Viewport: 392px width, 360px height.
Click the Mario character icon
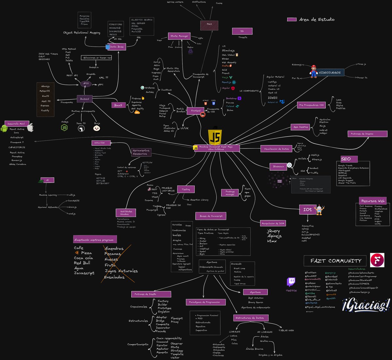[314, 72]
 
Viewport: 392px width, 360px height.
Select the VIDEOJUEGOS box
[330, 73]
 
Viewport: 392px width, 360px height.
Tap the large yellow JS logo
[215, 137]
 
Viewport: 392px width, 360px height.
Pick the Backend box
[85, 99]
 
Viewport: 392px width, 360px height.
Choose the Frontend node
[196, 111]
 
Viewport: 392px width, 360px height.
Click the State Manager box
[179, 36]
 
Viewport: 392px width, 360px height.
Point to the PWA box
[209, 24]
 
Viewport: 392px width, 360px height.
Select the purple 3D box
[242, 31]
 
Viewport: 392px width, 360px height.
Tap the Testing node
[186, 189]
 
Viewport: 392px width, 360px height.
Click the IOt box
[307, 210]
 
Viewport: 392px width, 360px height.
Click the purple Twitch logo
[291, 282]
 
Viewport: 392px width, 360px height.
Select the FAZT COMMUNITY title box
[336, 261]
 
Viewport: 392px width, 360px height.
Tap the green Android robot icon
[4, 128]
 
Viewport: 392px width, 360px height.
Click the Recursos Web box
[373, 201]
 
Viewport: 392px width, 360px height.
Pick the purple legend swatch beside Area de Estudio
[292, 20]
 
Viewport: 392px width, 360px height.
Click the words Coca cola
[83, 258]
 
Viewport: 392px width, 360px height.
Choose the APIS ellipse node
[86, 84]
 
